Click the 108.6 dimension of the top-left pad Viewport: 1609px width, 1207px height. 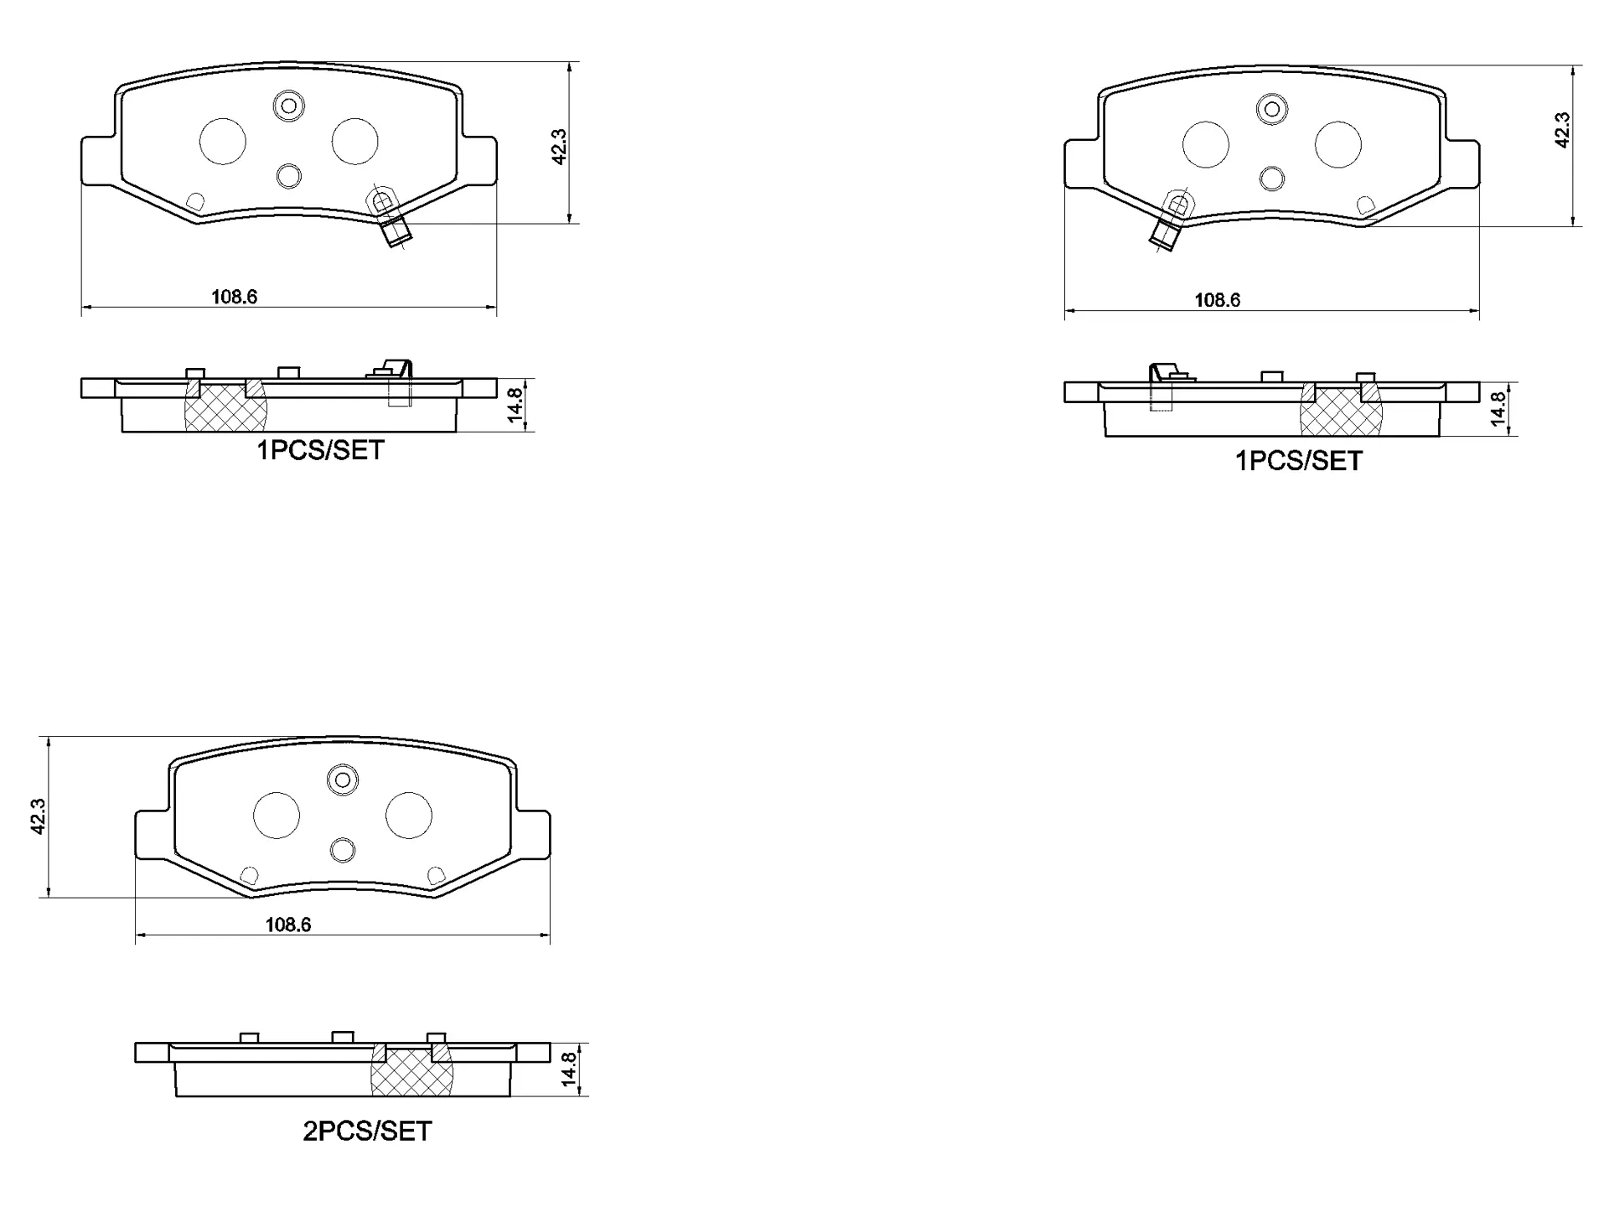[234, 297]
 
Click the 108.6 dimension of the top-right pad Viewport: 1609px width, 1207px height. [1217, 300]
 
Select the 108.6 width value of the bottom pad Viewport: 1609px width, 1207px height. [287, 925]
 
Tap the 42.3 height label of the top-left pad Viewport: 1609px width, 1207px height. [560, 146]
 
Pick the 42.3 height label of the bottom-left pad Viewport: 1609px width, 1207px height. [37, 816]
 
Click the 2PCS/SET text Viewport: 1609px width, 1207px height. [367, 1132]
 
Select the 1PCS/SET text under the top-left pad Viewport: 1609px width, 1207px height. [320, 451]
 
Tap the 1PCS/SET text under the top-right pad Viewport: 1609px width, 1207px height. [1299, 461]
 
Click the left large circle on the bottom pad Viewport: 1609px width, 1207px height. [277, 815]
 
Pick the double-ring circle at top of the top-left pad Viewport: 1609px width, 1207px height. [289, 106]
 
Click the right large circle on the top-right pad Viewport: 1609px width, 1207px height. [1337, 144]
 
